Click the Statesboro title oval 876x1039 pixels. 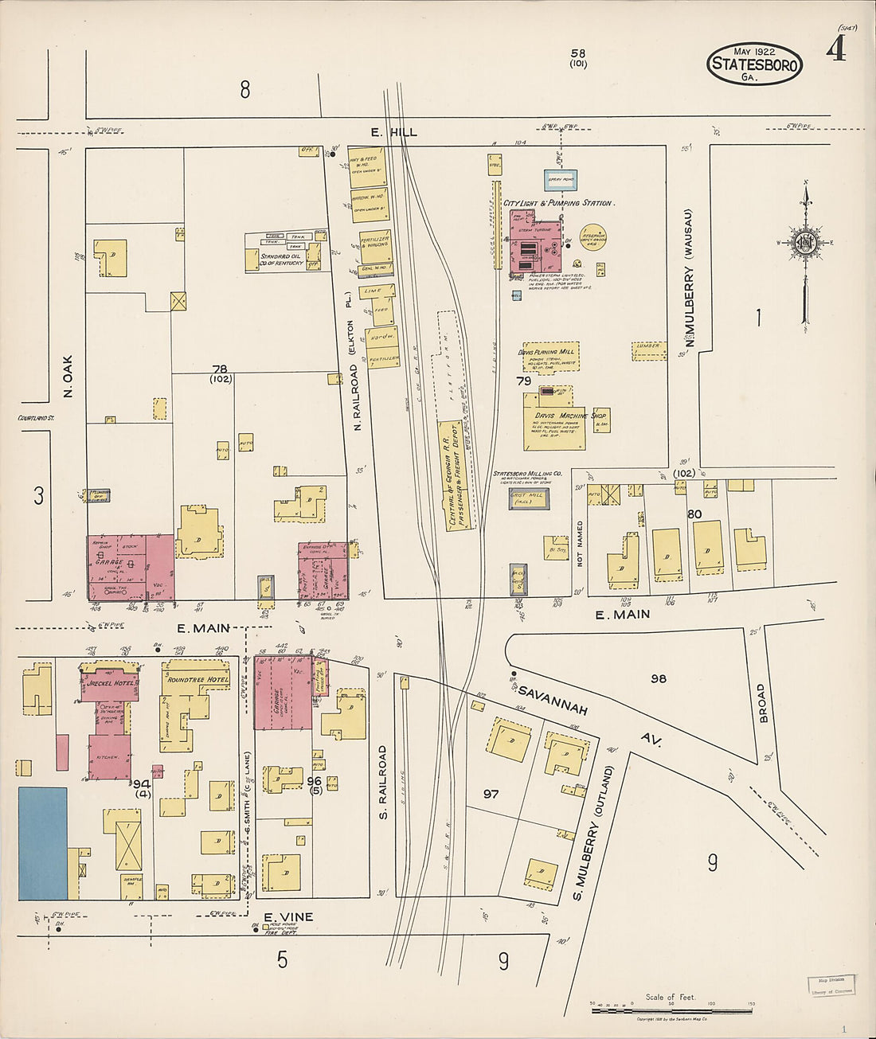[753, 64]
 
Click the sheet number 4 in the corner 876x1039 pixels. [835, 51]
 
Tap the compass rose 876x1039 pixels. [806, 242]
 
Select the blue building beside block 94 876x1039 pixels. [43, 843]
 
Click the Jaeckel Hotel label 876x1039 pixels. [110, 683]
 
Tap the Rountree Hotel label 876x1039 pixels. [195, 679]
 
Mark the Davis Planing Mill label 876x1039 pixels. [546, 351]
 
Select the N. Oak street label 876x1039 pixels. [68, 376]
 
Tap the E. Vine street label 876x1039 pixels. [287, 917]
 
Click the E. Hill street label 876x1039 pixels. [393, 132]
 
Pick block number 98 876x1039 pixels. [658, 678]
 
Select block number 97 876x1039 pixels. [491, 794]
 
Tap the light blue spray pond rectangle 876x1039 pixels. [560, 180]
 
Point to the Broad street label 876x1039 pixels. [762, 703]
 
